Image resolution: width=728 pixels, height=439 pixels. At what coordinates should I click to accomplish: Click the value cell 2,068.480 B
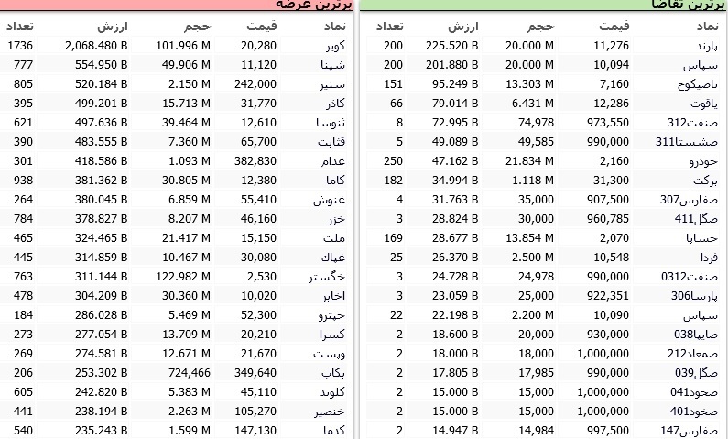96,46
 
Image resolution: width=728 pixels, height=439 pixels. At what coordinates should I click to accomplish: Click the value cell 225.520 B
455,46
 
